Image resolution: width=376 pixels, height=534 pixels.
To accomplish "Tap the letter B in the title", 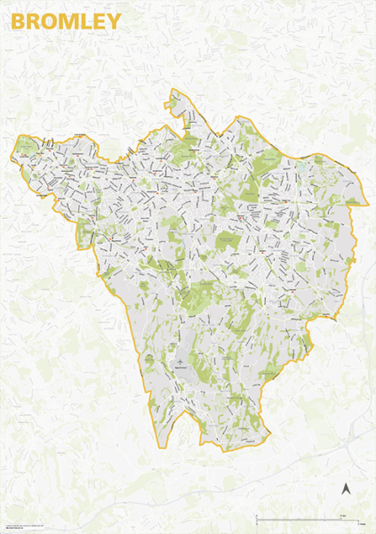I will tap(18, 20).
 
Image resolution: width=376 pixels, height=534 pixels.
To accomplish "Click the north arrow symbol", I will tap(347, 487).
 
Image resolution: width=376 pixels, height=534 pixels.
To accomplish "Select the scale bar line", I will tap(308, 517).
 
